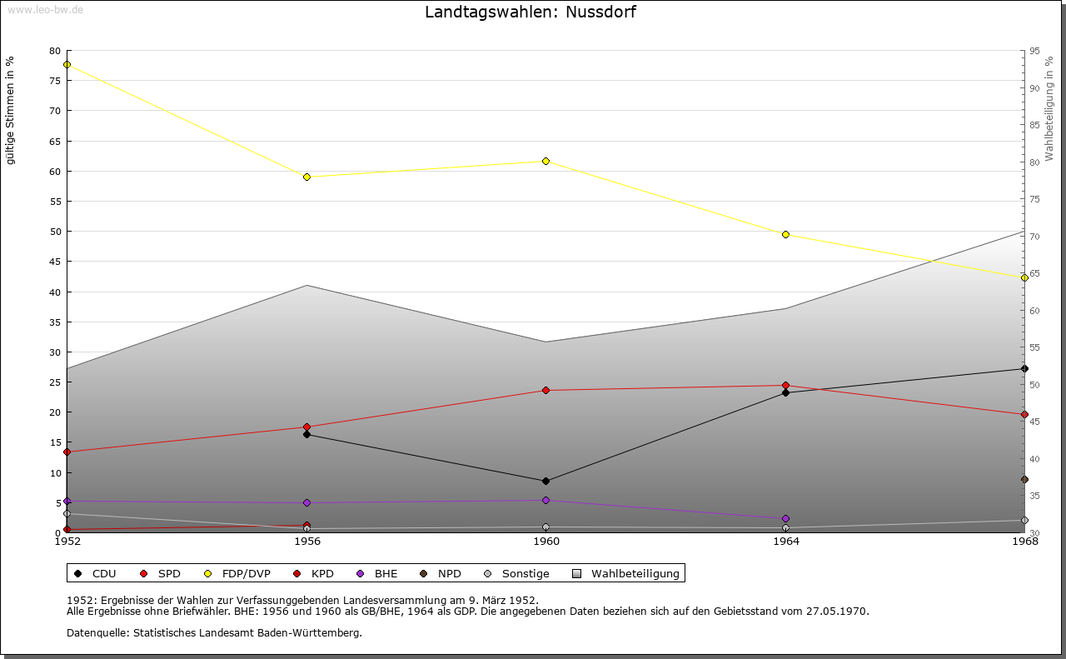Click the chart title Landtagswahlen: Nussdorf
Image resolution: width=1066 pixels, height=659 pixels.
(x=531, y=12)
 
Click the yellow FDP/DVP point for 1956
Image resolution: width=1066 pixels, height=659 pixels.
(x=306, y=177)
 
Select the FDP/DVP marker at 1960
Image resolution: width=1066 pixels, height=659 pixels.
(x=545, y=161)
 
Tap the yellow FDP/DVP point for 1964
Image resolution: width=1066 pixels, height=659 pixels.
(x=785, y=234)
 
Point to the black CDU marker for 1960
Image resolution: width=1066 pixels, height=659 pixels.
(x=545, y=481)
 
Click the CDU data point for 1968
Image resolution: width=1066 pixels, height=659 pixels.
(x=1024, y=368)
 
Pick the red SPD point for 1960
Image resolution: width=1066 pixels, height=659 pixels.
(x=545, y=390)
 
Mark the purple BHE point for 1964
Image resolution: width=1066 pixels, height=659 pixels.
(x=785, y=518)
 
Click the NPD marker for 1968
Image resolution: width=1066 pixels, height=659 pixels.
(x=1024, y=479)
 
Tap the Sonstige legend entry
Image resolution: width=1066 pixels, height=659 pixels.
(x=516, y=573)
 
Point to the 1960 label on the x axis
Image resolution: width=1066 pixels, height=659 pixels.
(x=545, y=542)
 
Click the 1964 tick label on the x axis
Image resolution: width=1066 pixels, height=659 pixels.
(x=785, y=542)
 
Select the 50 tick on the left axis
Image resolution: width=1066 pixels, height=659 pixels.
(x=55, y=232)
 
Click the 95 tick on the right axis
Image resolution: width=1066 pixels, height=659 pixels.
(x=1034, y=51)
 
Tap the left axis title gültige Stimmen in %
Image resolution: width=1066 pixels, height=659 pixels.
(x=10, y=110)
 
